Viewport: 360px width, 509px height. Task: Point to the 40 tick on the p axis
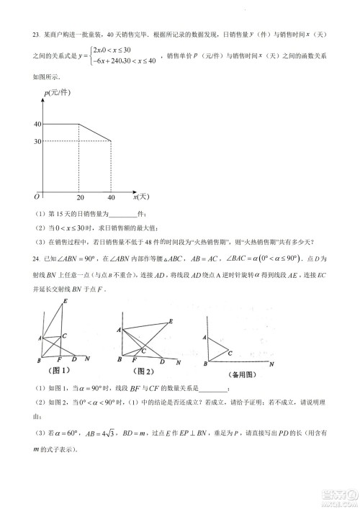(x=37, y=124)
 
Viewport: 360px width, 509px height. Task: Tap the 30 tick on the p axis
(x=37, y=140)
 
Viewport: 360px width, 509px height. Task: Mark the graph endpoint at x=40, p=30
(x=111, y=140)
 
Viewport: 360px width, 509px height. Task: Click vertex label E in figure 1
(x=66, y=301)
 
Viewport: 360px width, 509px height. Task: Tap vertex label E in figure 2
(x=170, y=321)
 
